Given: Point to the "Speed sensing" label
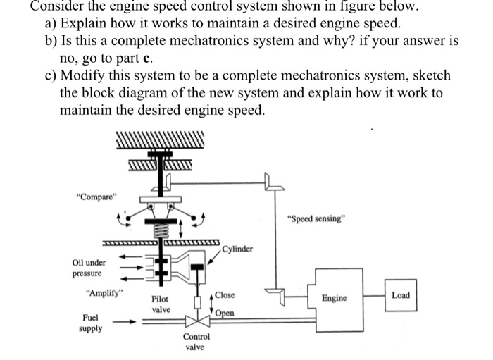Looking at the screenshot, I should (316, 218).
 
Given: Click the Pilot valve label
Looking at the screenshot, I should (161, 304).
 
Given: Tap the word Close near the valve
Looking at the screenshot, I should (225, 295).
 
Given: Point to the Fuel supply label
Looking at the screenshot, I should (91, 323).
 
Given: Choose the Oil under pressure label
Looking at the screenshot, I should (88, 268).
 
